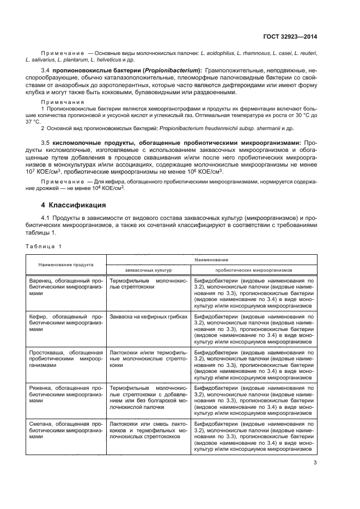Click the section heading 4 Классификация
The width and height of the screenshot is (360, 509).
coord(74,205)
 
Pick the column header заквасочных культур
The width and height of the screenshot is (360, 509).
coord(148,269)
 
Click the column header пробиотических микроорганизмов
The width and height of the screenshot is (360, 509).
coord(254,269)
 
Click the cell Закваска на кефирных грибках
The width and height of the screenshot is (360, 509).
coord(148,316)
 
